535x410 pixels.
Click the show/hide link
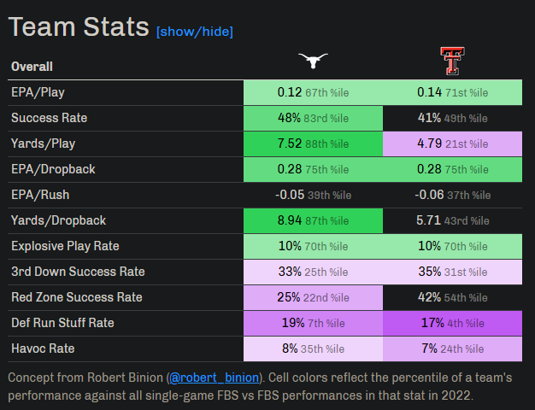[x=194, y=32]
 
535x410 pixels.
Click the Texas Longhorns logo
[x=313, y=60]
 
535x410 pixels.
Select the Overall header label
[x=32, y=67]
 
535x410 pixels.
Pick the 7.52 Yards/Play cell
[x=313, y=143]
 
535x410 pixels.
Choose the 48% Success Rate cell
[x=313, y=118]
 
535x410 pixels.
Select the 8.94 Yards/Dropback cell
[x=313, y=220]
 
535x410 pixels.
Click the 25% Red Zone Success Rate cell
[x=313, y=297]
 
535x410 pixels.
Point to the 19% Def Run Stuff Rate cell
[x=313, y=323]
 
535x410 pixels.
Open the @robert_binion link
[x=207, y=377]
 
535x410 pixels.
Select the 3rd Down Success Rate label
[x=78, y=272]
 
